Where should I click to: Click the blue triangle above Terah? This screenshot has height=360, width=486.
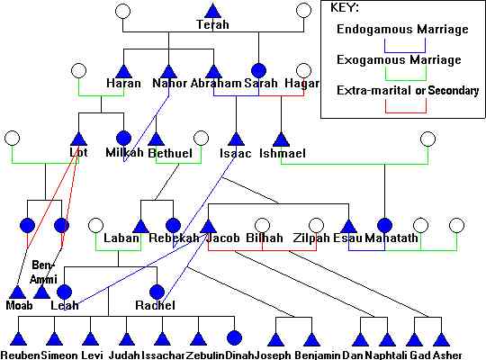coord(213,11)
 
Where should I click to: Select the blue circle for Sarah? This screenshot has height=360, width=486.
coord(259,71)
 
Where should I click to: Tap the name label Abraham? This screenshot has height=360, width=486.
coord(216,83)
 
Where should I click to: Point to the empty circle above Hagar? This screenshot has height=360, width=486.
coord(304,71)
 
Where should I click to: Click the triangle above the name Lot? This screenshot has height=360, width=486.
coord(78,139)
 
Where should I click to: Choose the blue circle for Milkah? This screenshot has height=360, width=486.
coord(123,139)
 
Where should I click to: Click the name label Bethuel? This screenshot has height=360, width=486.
coord(170,153)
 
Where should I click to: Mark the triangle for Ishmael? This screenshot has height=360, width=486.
coord(281,139)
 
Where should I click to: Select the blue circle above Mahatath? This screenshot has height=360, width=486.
coord(385,225)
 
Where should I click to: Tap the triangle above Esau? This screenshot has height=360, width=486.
coord(348,226)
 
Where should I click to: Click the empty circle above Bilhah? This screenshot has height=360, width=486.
coord(262,225)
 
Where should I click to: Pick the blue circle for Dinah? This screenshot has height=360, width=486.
coord(234,337)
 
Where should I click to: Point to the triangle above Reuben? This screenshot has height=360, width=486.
coord(19,339)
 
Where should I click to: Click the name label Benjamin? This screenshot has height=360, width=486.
coord(318,355)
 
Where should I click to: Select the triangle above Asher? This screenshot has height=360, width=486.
coord(441,339)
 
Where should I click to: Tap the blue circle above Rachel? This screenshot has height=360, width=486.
coord(157,292)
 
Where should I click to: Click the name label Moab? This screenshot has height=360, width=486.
coord(19,305)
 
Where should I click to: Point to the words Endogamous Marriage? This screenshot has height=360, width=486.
coord(402,30)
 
